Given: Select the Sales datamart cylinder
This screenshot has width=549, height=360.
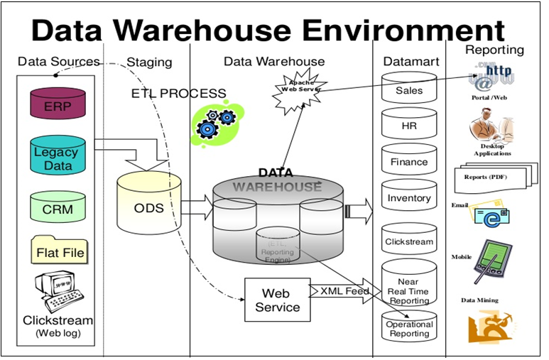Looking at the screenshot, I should [x=409, y=89].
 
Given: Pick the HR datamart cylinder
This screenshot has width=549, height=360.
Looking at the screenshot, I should [x=409, y=124].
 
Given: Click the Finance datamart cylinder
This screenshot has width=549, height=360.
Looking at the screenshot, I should [x=409, y=160].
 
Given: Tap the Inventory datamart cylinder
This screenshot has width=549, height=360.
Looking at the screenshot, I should [x=409, y=197].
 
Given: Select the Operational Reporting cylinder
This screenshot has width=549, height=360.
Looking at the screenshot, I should [x=409, y=327].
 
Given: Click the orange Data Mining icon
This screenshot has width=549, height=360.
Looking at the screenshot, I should [x=489, y=327].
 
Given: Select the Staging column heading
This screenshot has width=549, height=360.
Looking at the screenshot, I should [x=149, y=62].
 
